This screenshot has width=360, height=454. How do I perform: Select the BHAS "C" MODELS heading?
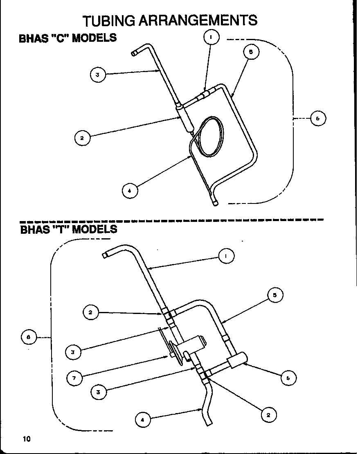[x=68, y=38]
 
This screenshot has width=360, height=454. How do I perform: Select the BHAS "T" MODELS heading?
[x=69, y=229]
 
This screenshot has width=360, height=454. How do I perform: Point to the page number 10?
[x=27, y=439]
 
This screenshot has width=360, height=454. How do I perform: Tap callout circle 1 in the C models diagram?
[x=211, y=38]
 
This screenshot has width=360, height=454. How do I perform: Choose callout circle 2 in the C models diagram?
[x=82, y=138]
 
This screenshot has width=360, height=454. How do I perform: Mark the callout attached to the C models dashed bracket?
[x=318, y=119]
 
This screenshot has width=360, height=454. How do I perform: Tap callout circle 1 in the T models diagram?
[x=227, y=256]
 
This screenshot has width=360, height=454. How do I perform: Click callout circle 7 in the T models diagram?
[x=74, y=377]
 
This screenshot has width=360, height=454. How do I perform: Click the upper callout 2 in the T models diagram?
[x=90, y=313]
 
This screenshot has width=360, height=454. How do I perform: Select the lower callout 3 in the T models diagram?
[x=98, y=392]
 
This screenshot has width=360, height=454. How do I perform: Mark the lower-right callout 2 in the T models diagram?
[x=268, y=414]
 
